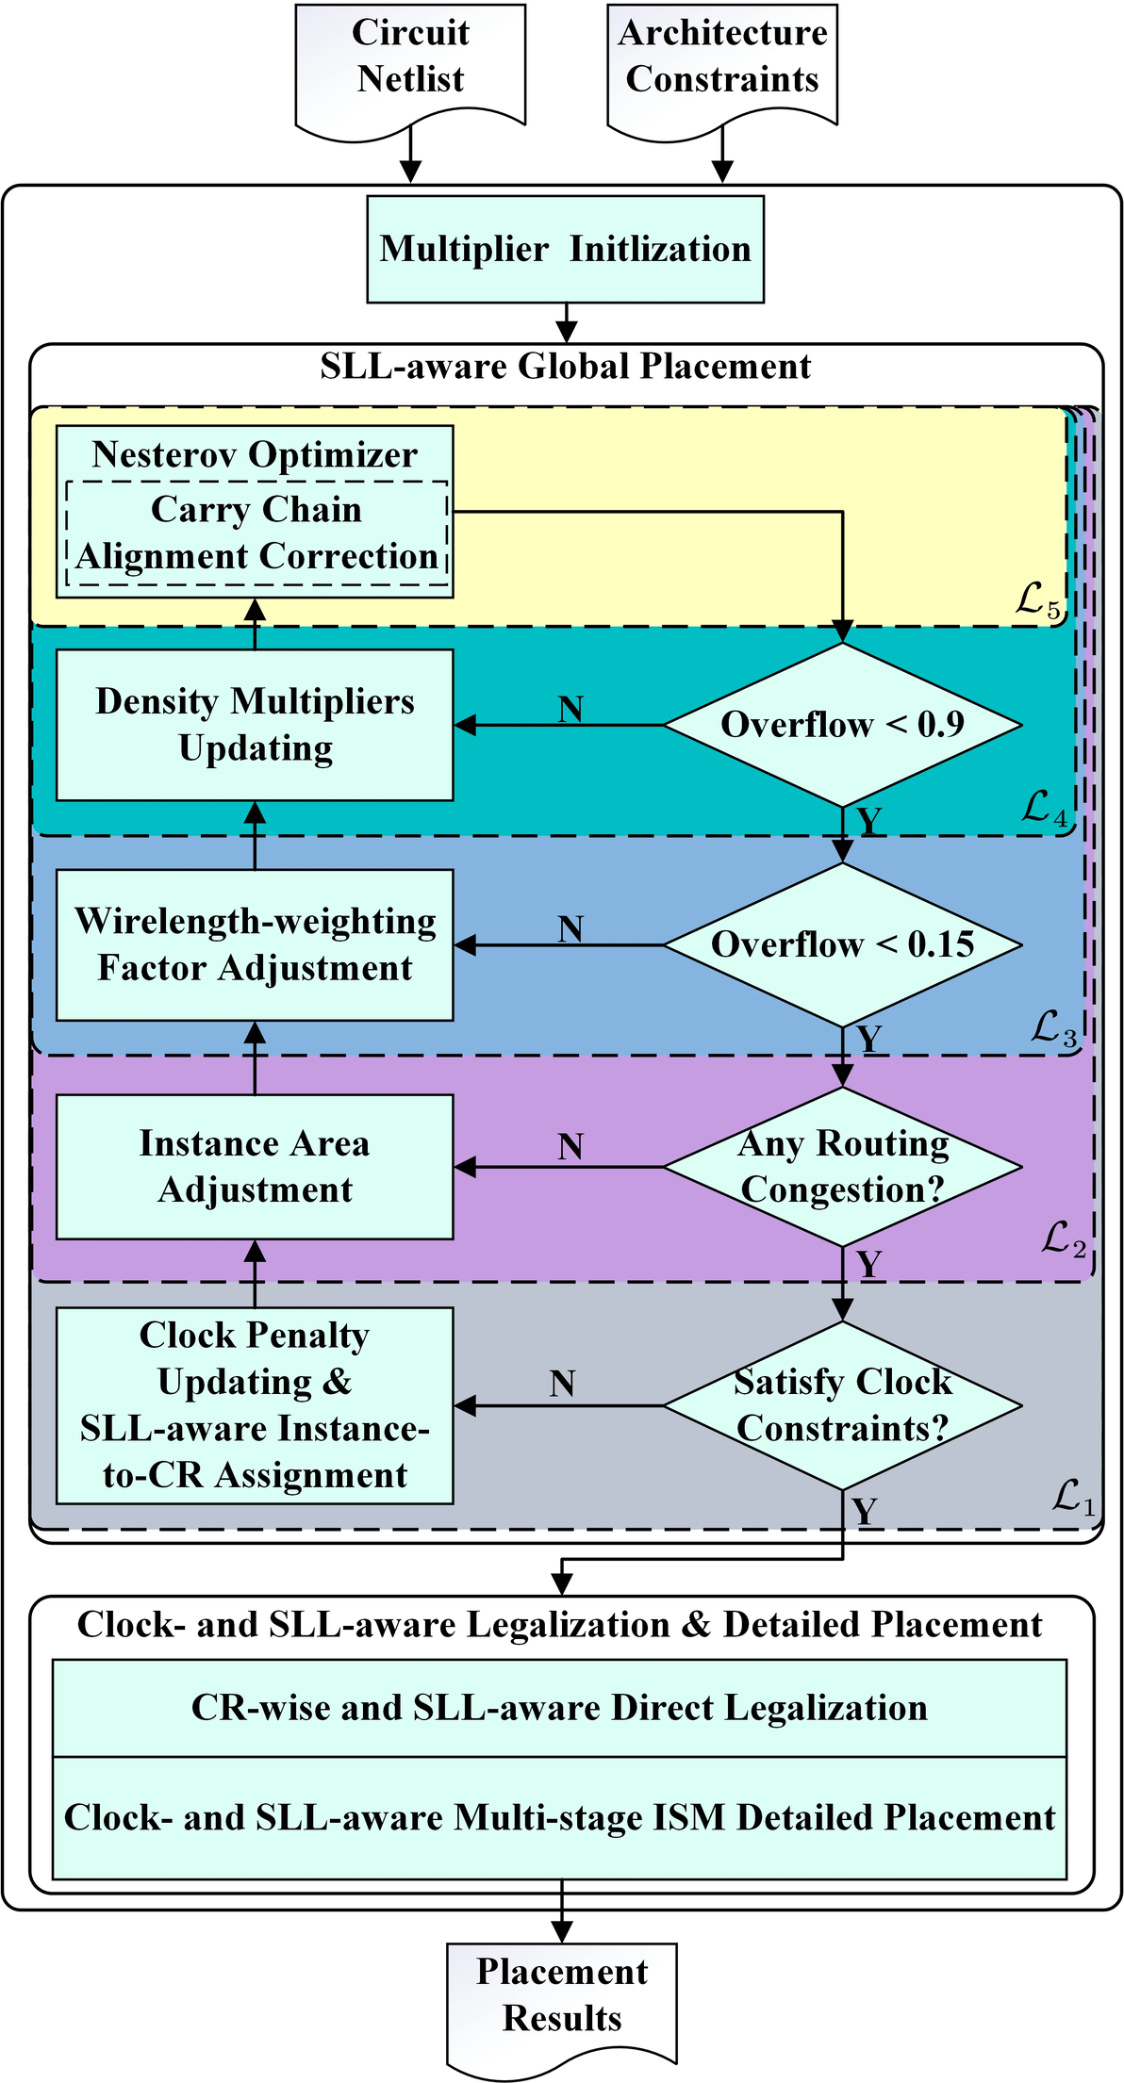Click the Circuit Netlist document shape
tap(410, 61)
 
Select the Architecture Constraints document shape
tap(722, 61)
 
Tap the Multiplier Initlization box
tap(565, 250)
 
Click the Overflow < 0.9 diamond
tap(842, 725)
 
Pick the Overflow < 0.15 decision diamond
tap(842, 944)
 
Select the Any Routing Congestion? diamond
tap(842, 1167)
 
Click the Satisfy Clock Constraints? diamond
tap(842, 1405)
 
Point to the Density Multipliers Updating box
tap(255, 725)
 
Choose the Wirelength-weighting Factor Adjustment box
tap(255, 944)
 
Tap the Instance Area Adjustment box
tap(255, 1167)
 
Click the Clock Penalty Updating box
tap(255, 1405)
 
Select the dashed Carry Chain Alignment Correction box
tap(256, 533)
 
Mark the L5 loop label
tap(1038, 601)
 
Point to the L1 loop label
tap(1074, 1497)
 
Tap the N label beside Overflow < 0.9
tap(570, 710)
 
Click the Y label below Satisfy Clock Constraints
tap(865, 1512)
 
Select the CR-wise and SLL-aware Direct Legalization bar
tap(559, 1708)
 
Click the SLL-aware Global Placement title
tap(566, 367)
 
